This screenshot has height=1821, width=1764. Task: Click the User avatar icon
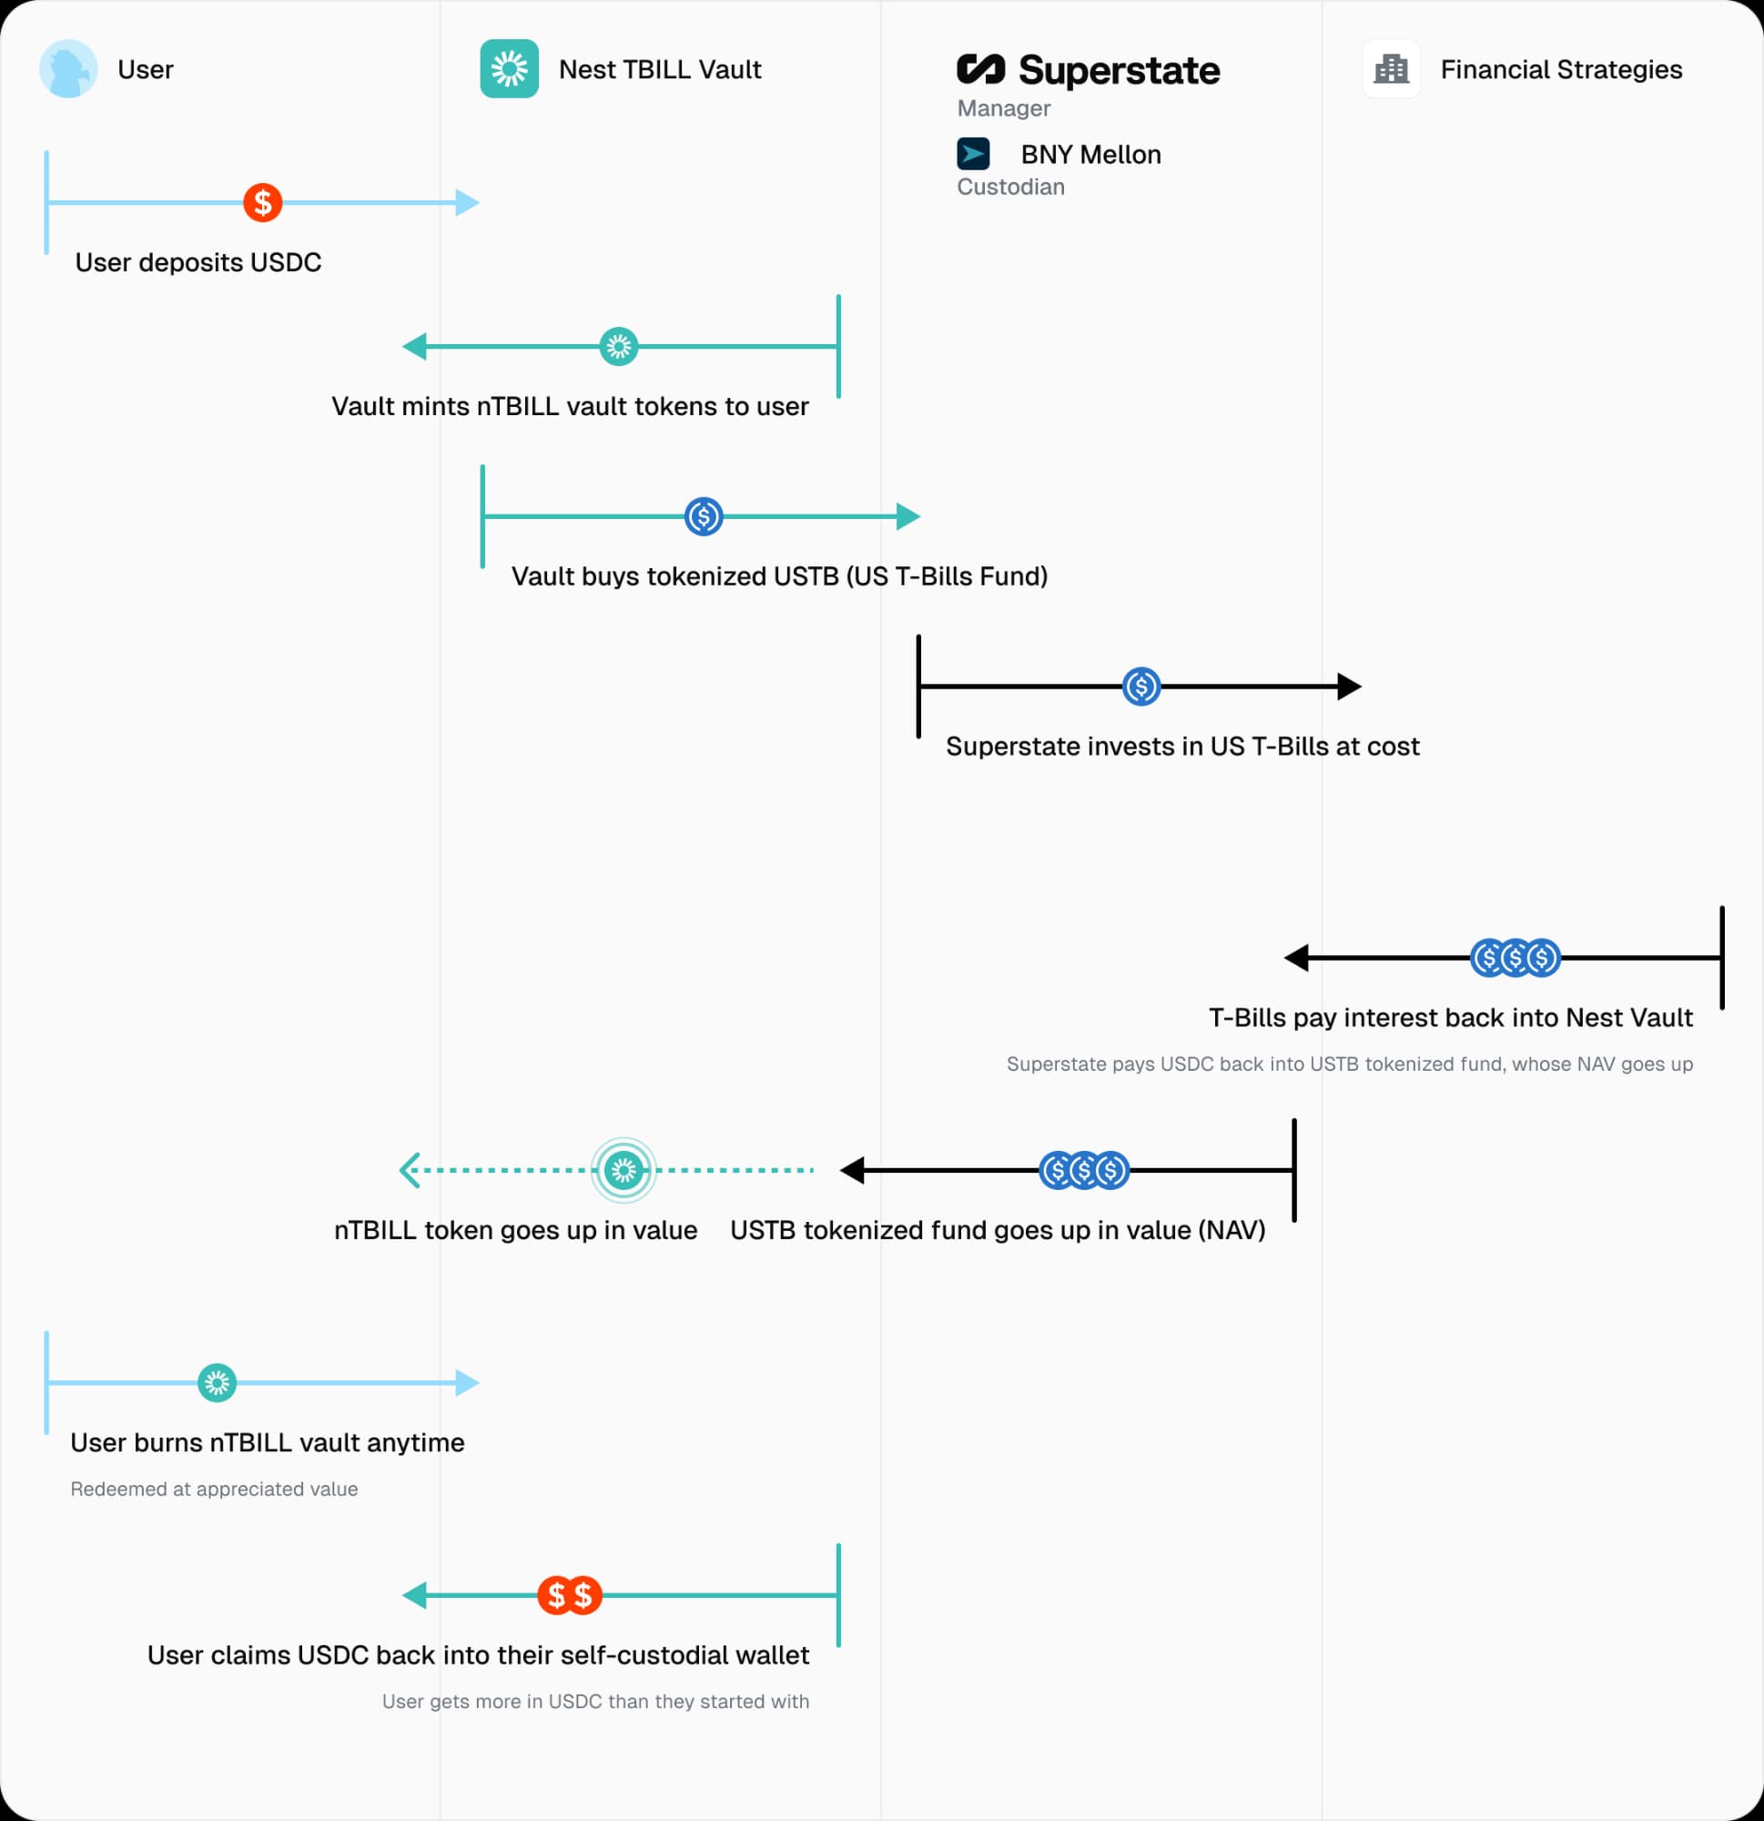coord(67,69)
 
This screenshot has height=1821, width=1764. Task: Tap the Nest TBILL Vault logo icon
coord(509,69)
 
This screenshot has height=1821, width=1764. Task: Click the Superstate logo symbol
coord(981,69)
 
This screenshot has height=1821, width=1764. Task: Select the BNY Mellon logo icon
coord(973,153)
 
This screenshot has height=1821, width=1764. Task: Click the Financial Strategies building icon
coord(1391,69)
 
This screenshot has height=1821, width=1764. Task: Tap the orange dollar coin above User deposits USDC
coord(263,202)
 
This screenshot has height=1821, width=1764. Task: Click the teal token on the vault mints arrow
coord(619,347)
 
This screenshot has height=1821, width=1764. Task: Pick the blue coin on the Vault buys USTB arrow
coord(704,516)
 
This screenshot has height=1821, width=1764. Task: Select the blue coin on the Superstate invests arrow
coord(1141,687)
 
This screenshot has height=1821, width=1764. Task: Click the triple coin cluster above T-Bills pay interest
coord(1515,957)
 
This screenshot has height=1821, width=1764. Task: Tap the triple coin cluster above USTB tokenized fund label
coord(1084,1171)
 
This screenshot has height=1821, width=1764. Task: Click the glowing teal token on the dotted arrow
coord(623,1171)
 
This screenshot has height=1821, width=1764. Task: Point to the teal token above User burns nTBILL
coord(217,1382)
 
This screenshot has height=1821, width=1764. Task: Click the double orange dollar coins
coord(570,1595)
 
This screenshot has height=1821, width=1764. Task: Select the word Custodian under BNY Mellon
coord(1010,187)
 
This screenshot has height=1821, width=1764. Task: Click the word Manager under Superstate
coord(1003,108)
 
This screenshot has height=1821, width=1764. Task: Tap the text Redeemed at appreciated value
coord(214,1489)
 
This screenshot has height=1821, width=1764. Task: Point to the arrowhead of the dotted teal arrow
coord(410,1171)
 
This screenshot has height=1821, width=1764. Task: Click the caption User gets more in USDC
coord(595,1701)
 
